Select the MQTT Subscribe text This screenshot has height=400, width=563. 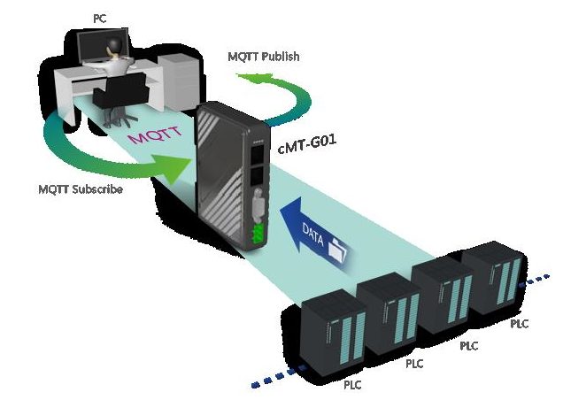pyautogui.click(x=81, y=189)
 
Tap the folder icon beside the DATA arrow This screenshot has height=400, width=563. pyautogui.click(x=337, y=253)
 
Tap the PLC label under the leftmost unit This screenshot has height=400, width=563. pyautogui.click(x=352, y=385)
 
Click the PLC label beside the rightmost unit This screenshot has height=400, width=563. pyautogui.click(x=519, y=324)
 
